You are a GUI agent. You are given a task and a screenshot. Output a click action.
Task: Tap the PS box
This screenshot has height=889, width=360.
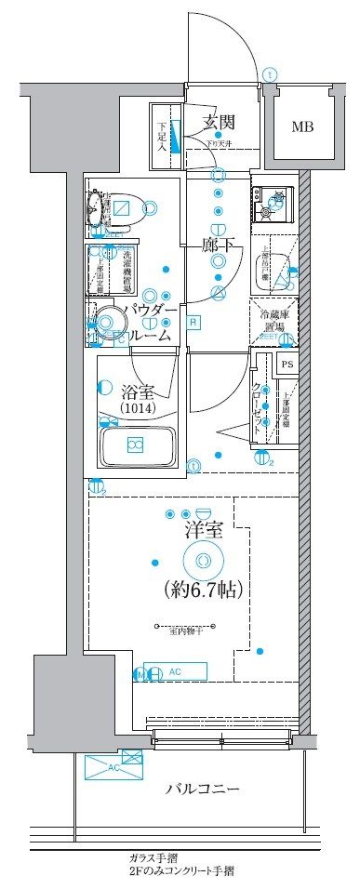(287, 365)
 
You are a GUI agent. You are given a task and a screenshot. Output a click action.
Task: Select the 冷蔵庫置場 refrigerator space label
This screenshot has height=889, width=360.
(275, 321)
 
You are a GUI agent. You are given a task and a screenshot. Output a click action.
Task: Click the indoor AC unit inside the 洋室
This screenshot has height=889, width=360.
(178, 672)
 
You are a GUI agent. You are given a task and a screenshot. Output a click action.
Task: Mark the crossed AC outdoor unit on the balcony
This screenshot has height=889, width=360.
(114, 766)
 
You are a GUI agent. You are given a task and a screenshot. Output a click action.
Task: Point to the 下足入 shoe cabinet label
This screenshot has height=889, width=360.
(161, 136)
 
